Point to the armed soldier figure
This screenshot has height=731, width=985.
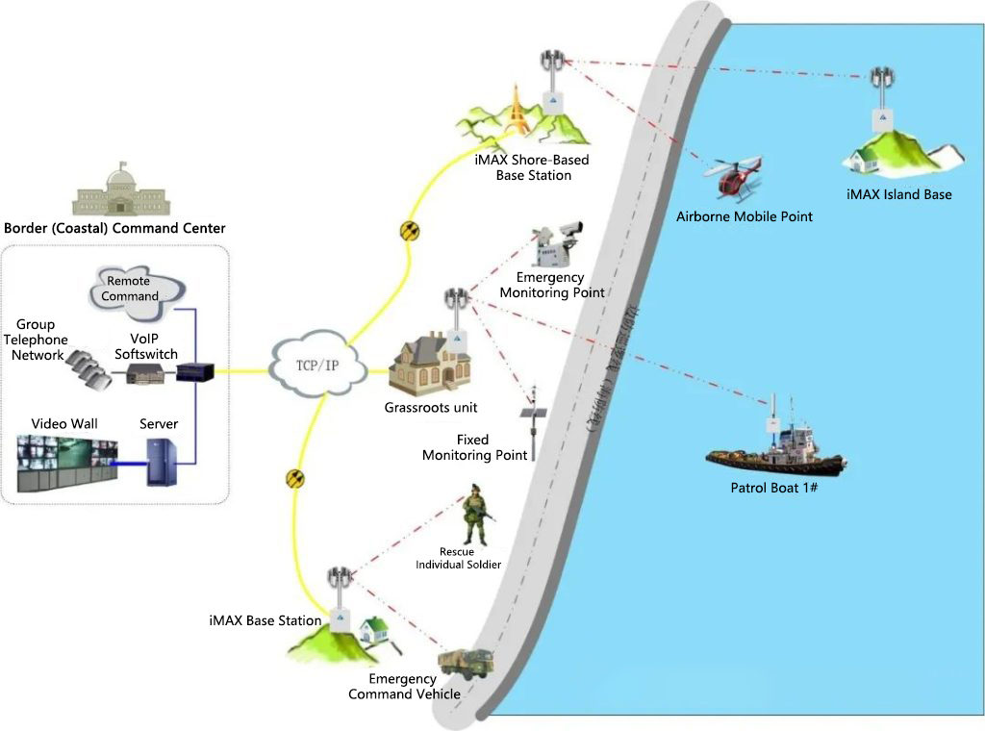point(475,515)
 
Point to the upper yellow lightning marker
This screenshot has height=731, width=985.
point(410,232)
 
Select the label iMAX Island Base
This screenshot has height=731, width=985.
point(898,194)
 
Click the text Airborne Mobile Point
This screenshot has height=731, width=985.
point(744,216)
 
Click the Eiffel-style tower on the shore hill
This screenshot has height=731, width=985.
point(518,111)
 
